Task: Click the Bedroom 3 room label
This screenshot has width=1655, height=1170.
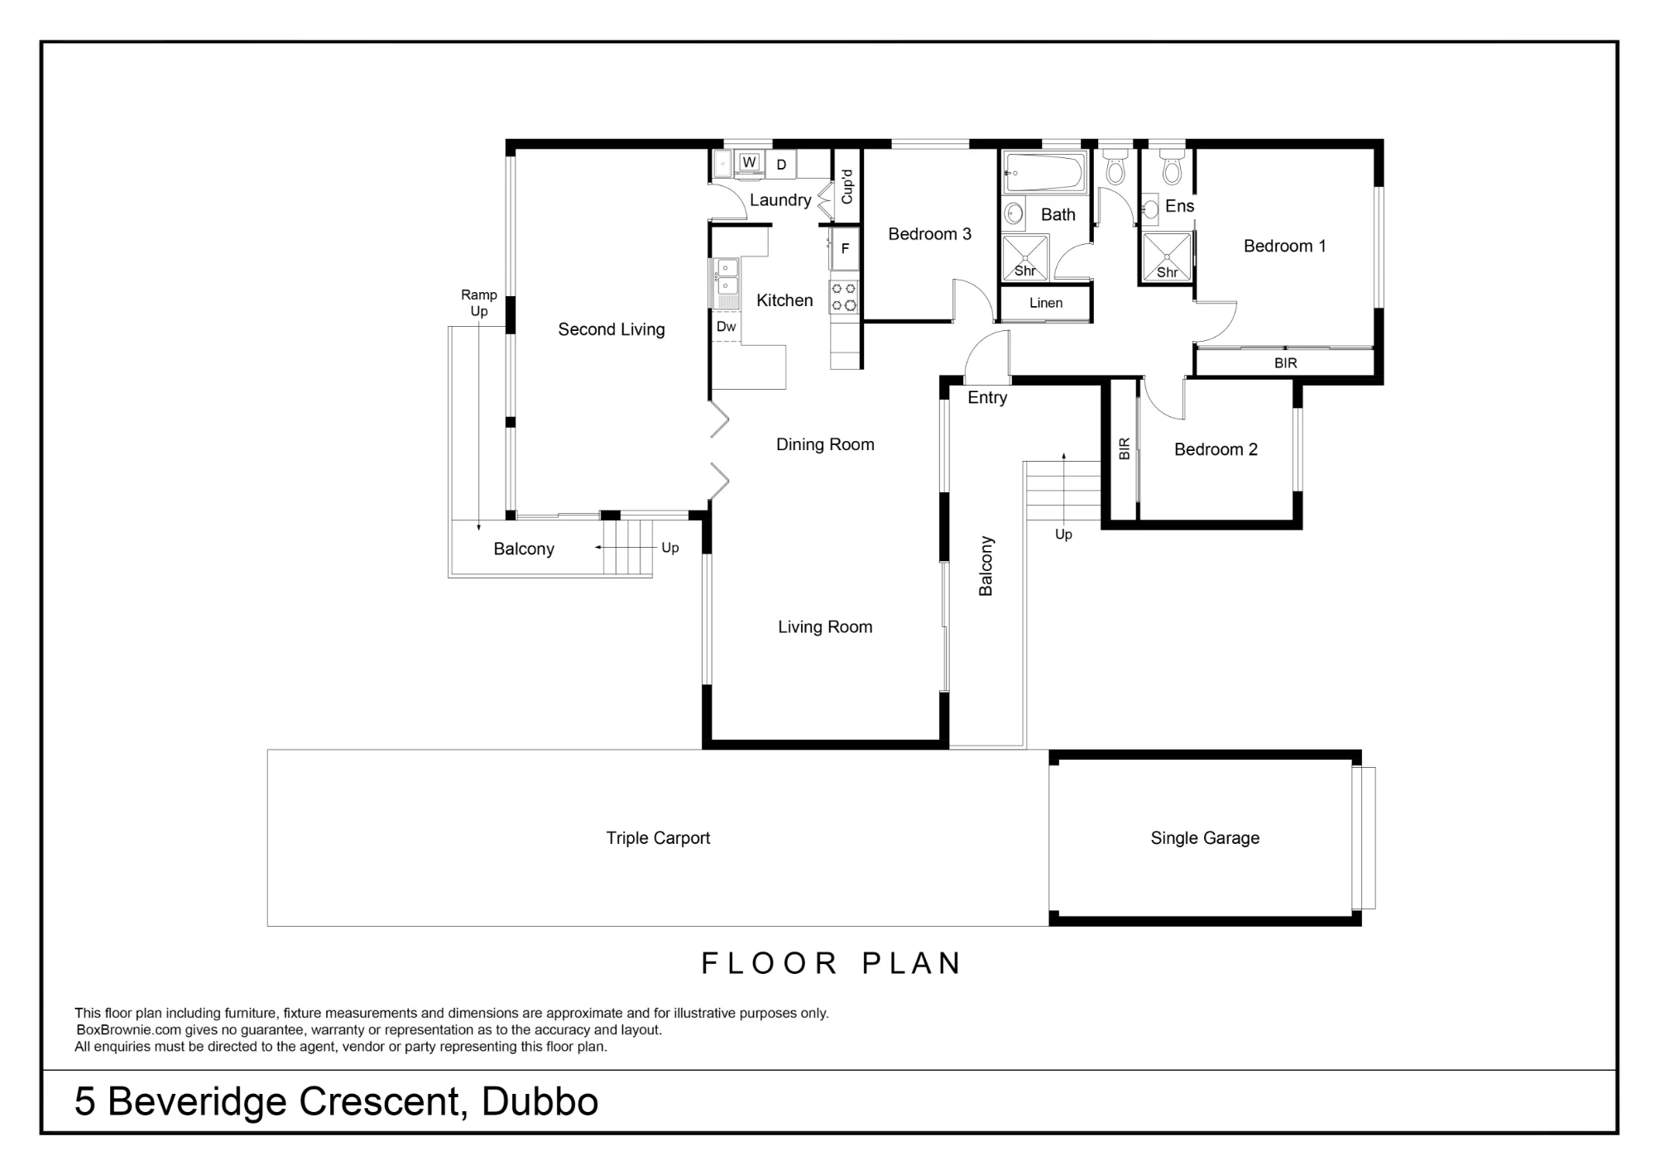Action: pyautogui.click(x=929, y=234)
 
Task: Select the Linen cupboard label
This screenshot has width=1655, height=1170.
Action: pyautogui.click(x=1046, y=303)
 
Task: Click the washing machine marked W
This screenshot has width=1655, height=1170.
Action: pyautogui.click(x=749, y=162)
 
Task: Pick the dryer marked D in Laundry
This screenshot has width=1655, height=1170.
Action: pyautogui.click(x=781, y=165)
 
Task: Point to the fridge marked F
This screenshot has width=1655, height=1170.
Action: pyautogui.click(x=845, y=248)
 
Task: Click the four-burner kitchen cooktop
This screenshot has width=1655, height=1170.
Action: pyautogui.click(x=843, y=297)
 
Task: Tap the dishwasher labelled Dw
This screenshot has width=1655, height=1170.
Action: pyautogui.click(x=726, y=326)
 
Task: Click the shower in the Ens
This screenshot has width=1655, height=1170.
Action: pyautogui.click(x=1167, y=257)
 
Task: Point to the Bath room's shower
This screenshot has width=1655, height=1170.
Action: pyautogui.click(x=1025, y=257)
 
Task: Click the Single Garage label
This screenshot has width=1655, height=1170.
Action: pyautogui.click(x=1205, y=838)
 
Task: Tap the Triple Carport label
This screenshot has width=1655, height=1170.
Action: pyautogui.click(x=658, y=838)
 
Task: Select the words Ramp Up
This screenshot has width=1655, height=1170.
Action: pyautogui.click(x=479, y=303)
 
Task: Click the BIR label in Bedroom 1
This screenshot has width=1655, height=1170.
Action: pyautogui.click(x=1285, y=363)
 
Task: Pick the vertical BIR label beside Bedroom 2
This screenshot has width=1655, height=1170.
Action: pyautogui.click(x=1124, y=449)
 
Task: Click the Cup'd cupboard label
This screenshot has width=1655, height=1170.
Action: pyautogui.click(x=847, y=187)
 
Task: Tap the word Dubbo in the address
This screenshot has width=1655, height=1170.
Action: pyautogui.click(x=540, y=1101)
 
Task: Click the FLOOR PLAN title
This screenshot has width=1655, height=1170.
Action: pyautogui.click(x=831, y=963)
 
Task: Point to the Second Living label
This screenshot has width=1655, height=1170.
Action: pyautogui.click(x=612, y=329)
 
